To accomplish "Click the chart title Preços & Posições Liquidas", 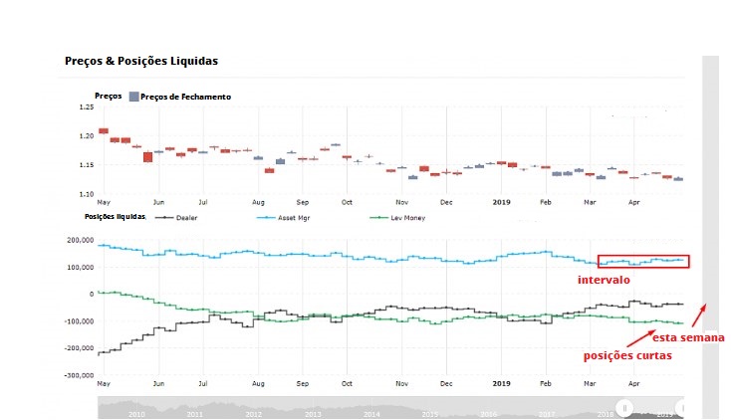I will coord(141,62).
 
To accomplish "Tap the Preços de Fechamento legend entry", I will coord(185,97).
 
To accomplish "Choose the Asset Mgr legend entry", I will coord(291,217).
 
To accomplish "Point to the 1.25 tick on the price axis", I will coord(87,106).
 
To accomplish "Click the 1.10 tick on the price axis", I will coord(87,193).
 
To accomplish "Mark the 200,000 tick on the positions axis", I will coord(80,240).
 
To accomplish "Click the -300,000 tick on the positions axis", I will coord(79,376).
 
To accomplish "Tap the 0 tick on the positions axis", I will coord(91,295).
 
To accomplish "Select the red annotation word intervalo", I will coord(603,281).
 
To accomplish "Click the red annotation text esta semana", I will coord(689,337).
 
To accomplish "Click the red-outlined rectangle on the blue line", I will coord(643,261).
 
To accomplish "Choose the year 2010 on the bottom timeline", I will coord(136,412).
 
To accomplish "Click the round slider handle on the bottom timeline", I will coord(624,406).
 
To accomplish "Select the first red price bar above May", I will coord(104,130).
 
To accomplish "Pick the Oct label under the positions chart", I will coord(347,382).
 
